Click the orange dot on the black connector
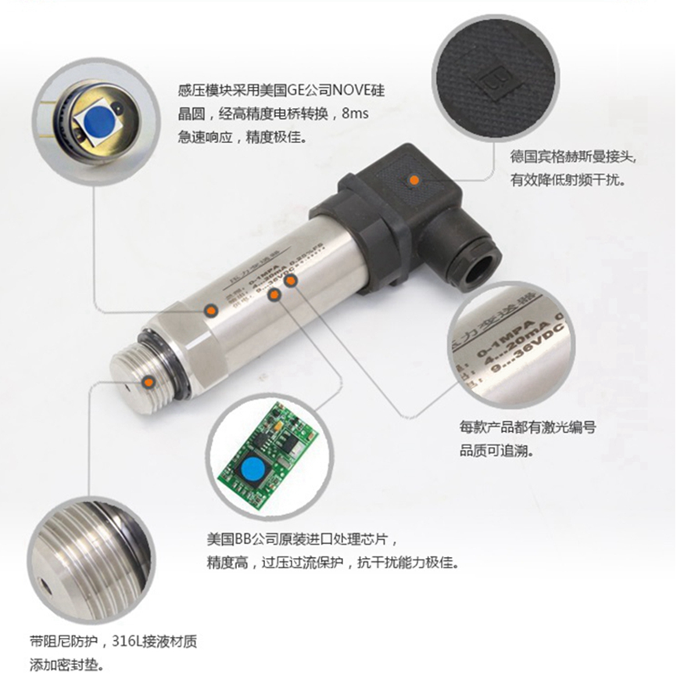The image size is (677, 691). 411,181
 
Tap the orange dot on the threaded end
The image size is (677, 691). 149,380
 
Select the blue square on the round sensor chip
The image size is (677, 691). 98,120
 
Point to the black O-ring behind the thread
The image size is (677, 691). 181,369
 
